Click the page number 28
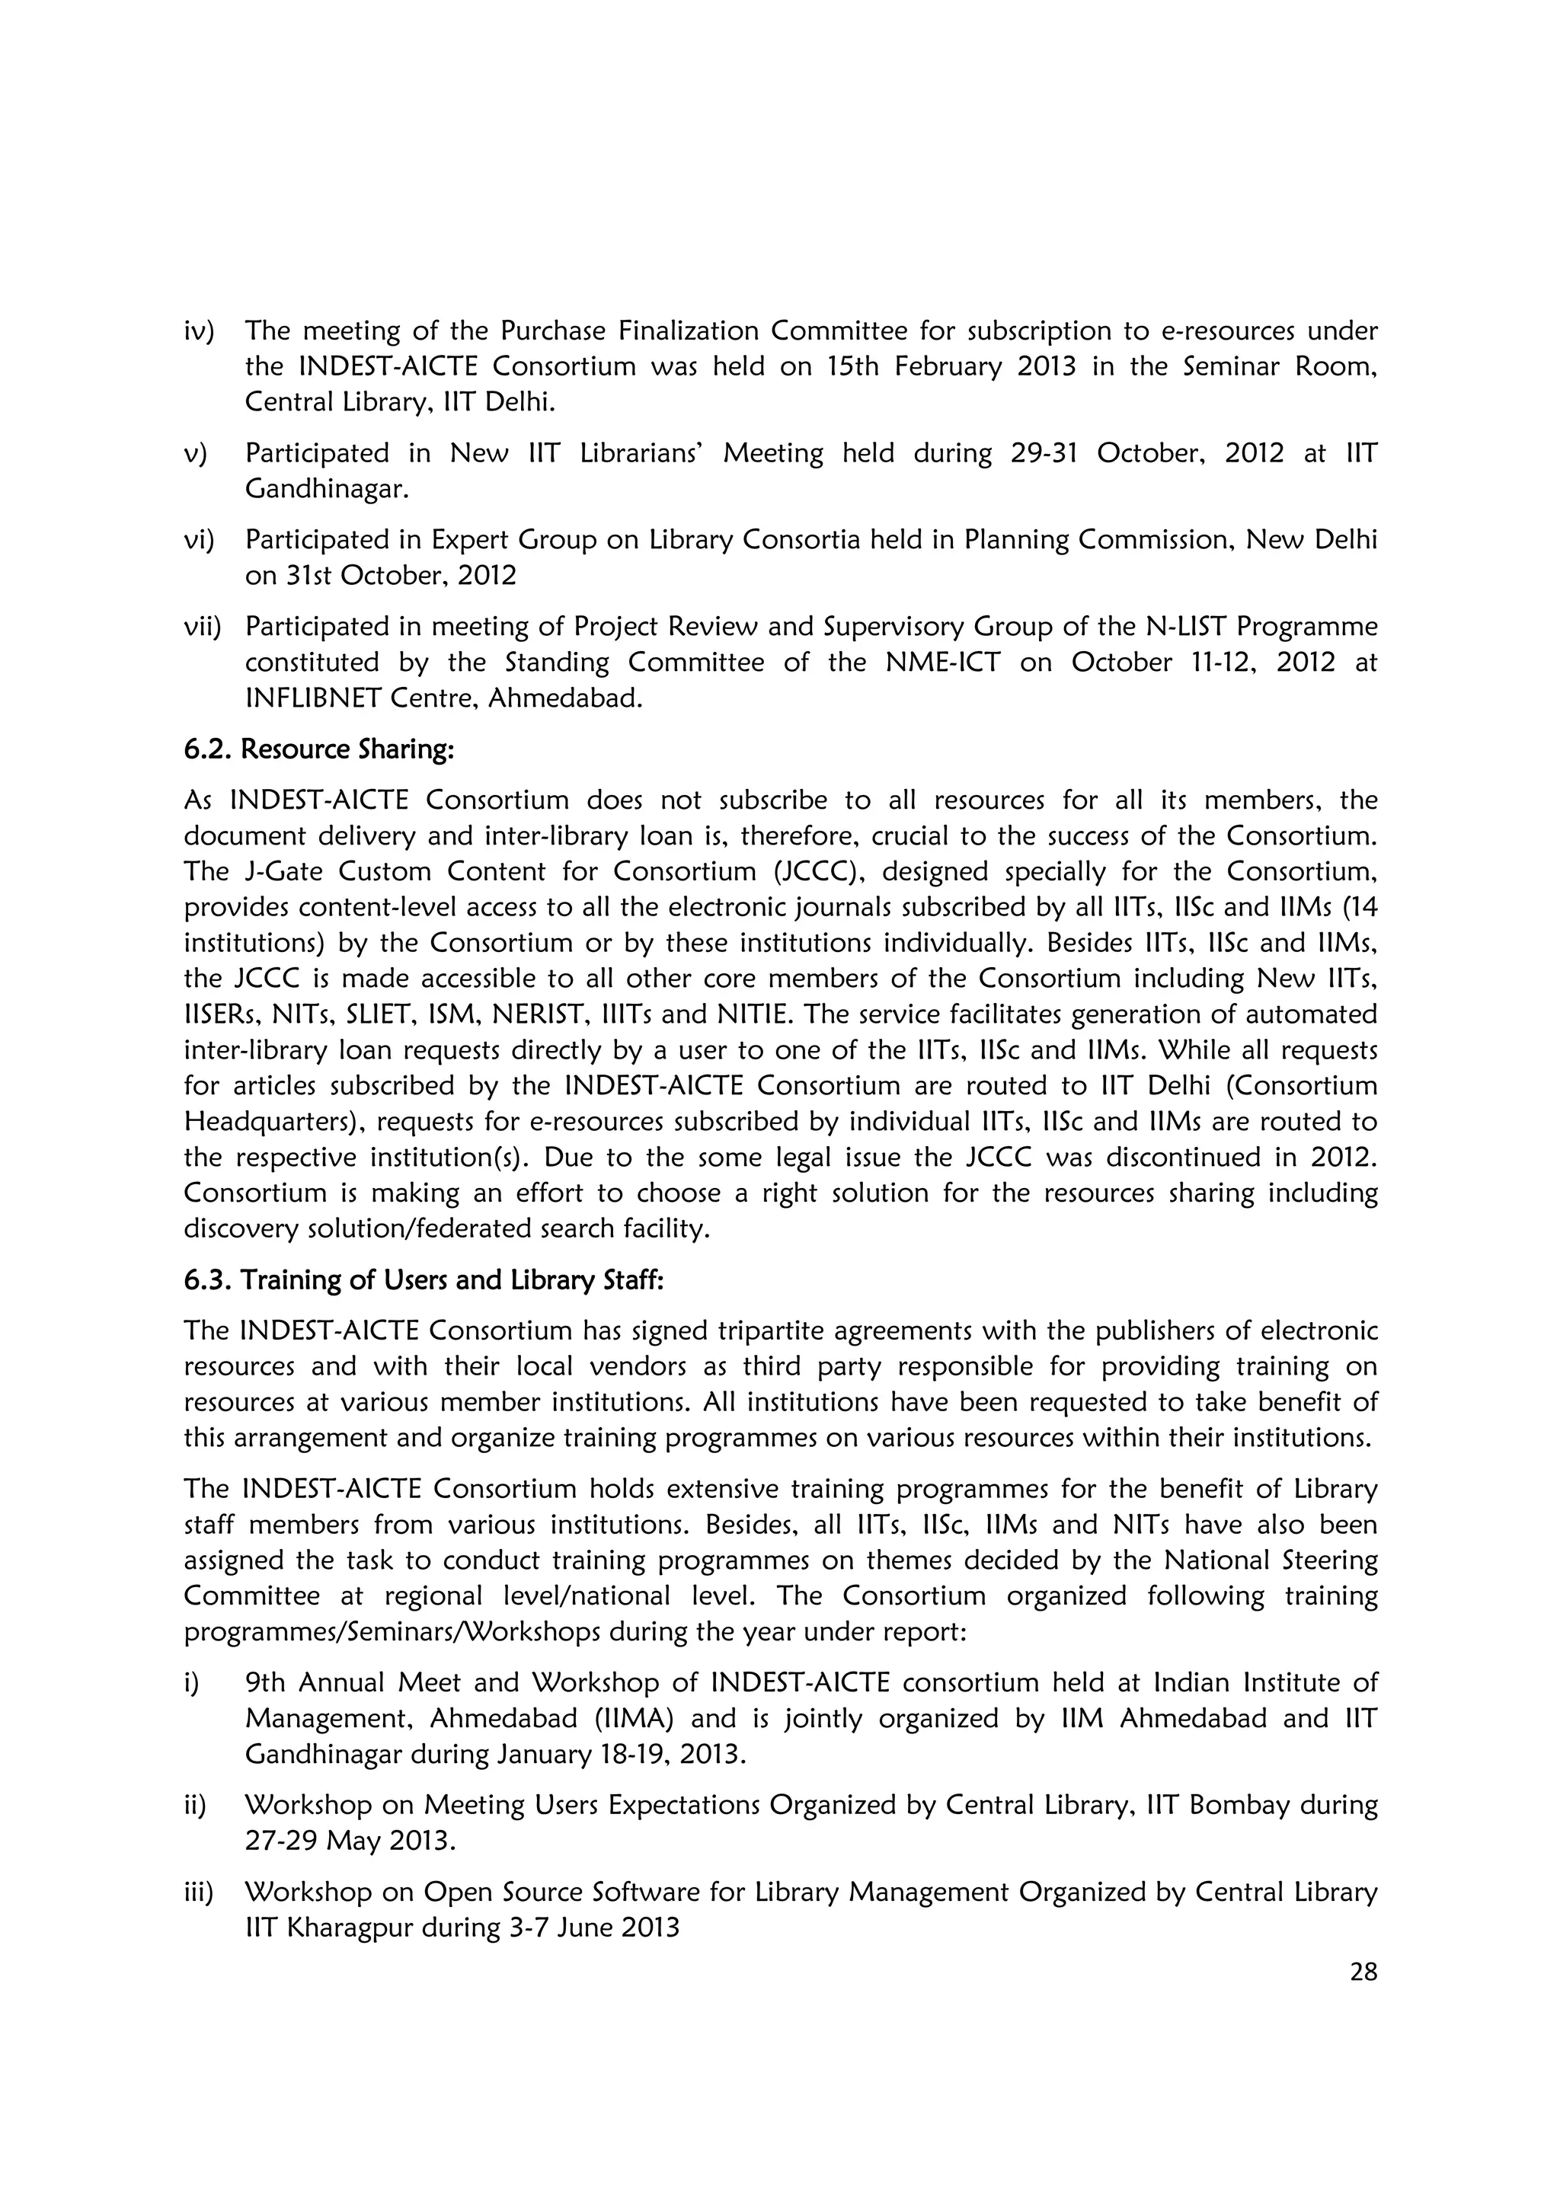[1363, 1972]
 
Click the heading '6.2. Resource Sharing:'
[318, 750]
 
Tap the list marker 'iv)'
[199, 331]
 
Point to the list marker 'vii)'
[202, 627]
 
